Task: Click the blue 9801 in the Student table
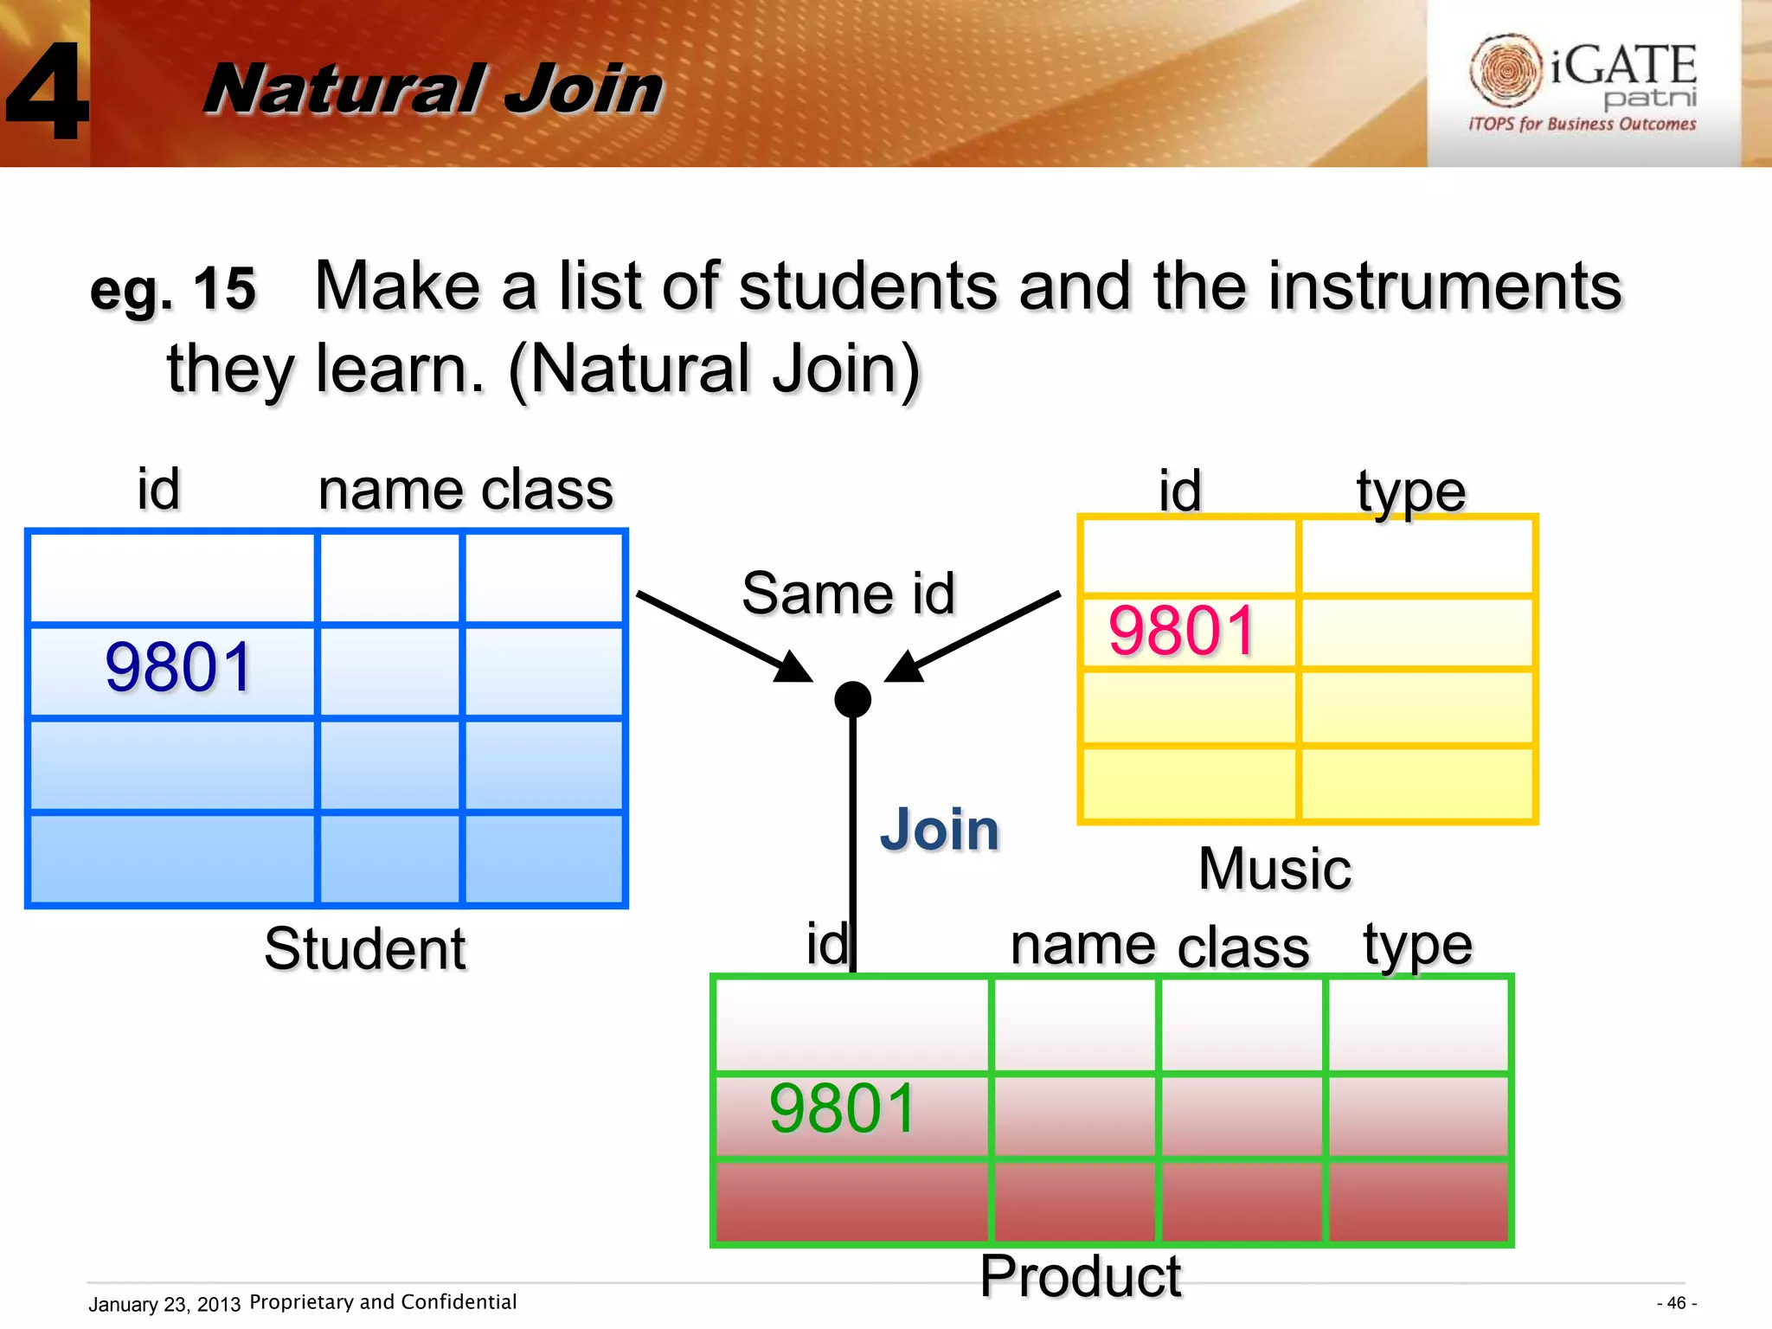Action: point(178,667)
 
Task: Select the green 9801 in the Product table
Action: point(842,1108)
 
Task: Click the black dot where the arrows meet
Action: point(852,699)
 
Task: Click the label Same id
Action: point(848,594)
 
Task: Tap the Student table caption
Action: point(364,949)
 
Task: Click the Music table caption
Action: point(1274,869)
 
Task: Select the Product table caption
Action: point(1080,1276)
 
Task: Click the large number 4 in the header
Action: point(48,91)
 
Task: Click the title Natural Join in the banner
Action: point(433,89)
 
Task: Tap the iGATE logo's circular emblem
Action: point(1506,70)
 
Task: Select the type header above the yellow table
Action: point(1410,492)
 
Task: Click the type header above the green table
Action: point(1417,946)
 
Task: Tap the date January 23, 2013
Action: point(164,1304)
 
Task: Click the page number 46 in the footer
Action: point(1676,1303)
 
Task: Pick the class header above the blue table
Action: point(547,491)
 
